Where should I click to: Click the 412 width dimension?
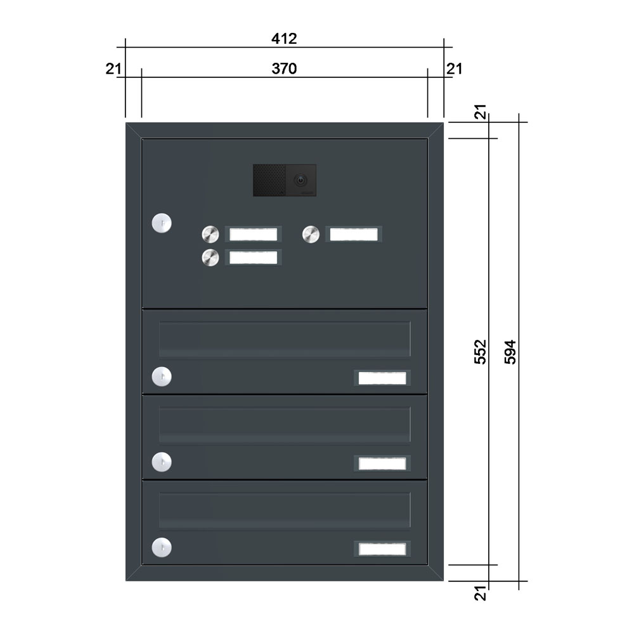point(284,39)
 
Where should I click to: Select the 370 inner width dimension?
point(284,68)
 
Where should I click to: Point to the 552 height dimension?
point(480,352)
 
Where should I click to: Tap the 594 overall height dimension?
point(510,352)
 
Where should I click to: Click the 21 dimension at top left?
point(113,68)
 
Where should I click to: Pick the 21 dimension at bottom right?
point(480,593)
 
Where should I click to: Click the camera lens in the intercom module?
point(300,180)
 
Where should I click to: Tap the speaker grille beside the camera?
point(269,180)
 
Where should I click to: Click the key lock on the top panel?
point(162,223)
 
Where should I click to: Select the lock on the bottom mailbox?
point(162,548)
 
